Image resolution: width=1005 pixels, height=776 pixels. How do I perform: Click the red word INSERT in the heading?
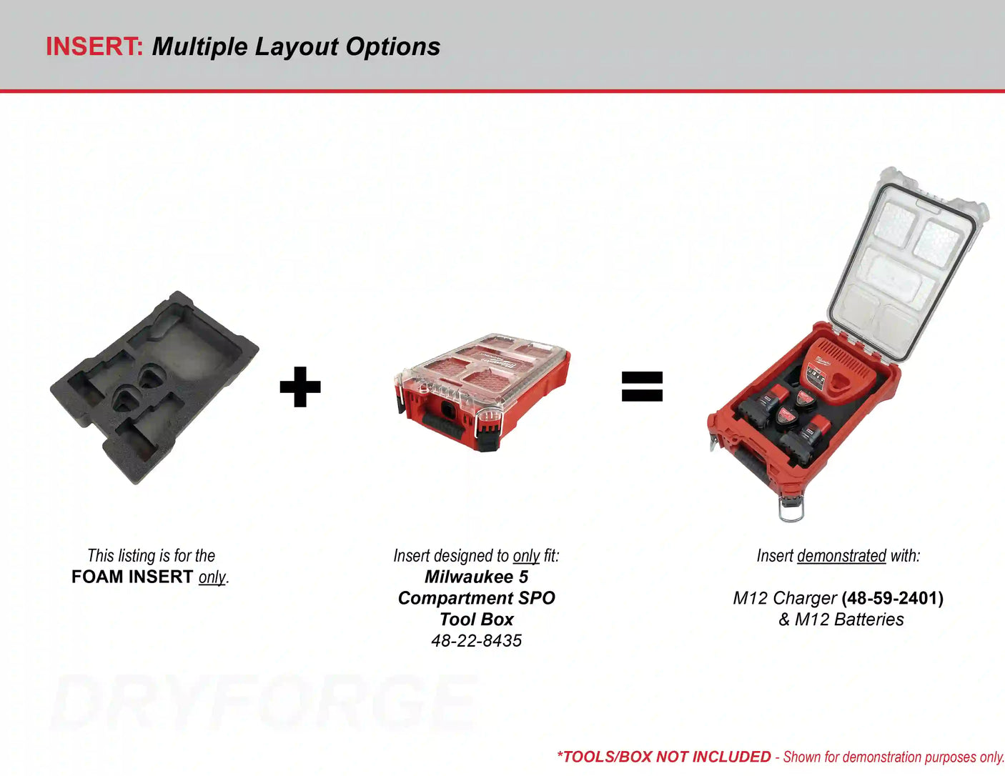pos(94,46)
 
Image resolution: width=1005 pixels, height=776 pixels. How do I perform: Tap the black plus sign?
pos(300,387)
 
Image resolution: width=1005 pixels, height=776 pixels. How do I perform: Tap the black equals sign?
pos(642,387)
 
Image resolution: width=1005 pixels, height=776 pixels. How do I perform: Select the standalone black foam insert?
pos(154,386)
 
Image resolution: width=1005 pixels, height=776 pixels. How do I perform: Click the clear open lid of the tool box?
pos(904,264)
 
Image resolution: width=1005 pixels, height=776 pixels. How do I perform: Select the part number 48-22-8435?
pos(476,641)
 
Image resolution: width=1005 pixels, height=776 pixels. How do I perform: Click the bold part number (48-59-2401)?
pos(892,598)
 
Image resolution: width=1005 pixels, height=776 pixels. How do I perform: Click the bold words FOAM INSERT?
pos(132,577)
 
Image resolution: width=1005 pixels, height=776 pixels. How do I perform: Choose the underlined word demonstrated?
pos(841,556)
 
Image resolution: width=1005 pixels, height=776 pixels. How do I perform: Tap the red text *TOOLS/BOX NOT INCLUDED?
pos(663,757)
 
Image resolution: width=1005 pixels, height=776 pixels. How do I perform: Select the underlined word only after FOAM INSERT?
pos(212,577)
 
